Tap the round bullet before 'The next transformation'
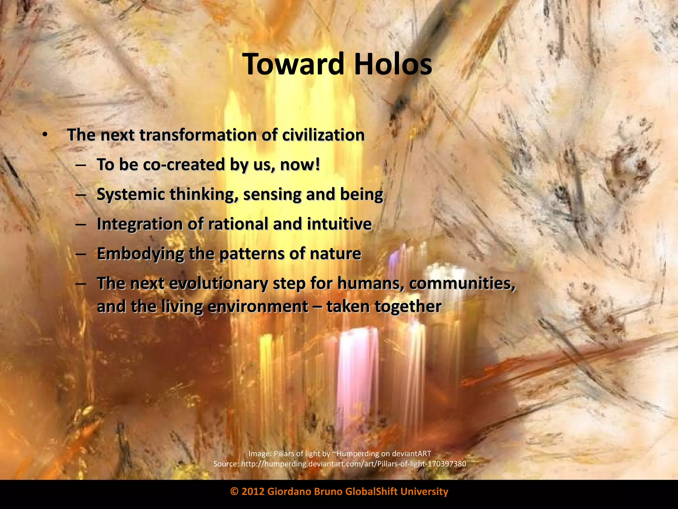(x=45, y=135)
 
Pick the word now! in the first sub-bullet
(x=300, y=164)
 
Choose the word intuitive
(x=339, y=224)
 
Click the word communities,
(x=462, y=283)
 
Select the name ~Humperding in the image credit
(x=356, y=453)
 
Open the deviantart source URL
(x=353, y=464)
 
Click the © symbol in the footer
(x=234, y=491)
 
